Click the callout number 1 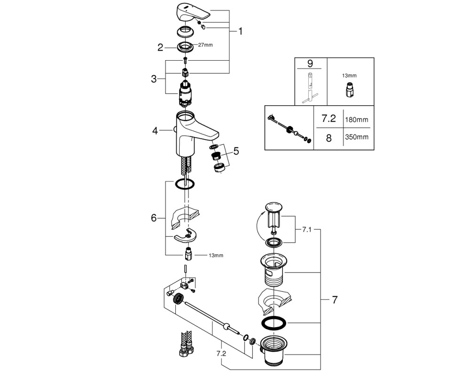point(240,31)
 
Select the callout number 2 point(160,47)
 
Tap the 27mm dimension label point(205,45)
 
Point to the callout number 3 point(154,79)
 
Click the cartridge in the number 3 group point(186,94)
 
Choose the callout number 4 point(155,131)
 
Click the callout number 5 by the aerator point(236,151)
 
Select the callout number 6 point(154,218)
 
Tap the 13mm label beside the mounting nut point(216,256)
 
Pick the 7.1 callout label point(306,230)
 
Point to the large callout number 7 point(335,299)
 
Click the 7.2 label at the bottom point(221,353)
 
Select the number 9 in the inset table point(310,63)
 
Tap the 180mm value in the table point(356,120)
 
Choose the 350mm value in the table point(356,137)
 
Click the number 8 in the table point(329,138)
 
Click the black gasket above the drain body point(274,323)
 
